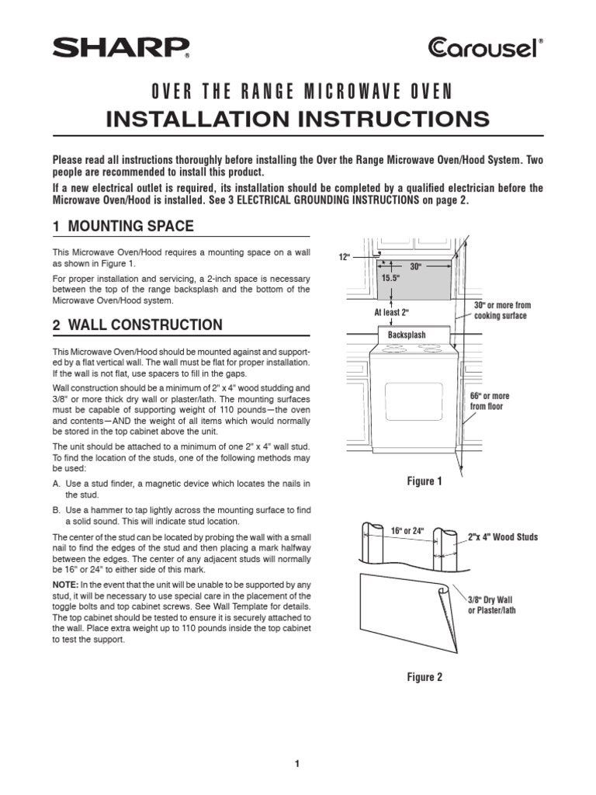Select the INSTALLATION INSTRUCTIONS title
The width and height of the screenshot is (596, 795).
(x=298, y=119)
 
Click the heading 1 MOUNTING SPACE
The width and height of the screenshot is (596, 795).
(x=123, y=227)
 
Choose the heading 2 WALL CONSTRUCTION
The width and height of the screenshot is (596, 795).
(x=137, y=325)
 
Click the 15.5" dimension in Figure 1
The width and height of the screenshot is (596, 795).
(x=390, y=277)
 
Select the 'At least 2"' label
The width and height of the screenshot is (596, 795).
(x=392, y=312)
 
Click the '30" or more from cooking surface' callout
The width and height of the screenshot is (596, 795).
(x=501, y=311)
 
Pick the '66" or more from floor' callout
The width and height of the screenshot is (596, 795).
(x=490, y=401)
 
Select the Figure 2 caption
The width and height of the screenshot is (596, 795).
(x=424, y=677)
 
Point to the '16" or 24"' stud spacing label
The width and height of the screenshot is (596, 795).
(x=407, y=531)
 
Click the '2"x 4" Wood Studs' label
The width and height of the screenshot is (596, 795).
(x=503, y=537)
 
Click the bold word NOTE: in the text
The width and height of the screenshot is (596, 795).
(x=65, y=583)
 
